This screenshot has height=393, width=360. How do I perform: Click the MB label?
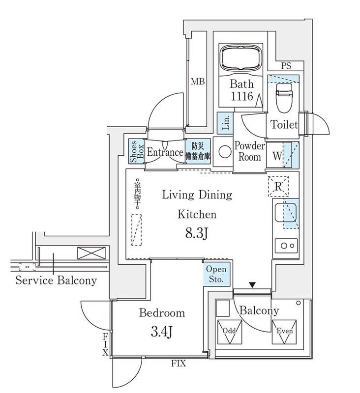click(198, 81)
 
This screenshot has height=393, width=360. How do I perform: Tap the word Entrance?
click(165, 152)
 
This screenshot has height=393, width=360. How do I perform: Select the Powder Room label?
click(249, 151)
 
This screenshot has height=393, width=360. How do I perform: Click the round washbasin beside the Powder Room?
click(224, 151)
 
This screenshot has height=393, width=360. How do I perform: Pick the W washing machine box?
click(277, 157)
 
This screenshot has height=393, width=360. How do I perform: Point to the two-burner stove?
click(285, 244)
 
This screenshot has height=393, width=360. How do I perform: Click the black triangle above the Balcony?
click(253, 285)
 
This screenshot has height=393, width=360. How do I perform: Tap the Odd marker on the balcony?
click(229, 333)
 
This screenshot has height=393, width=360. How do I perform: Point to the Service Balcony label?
click(56, 281)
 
